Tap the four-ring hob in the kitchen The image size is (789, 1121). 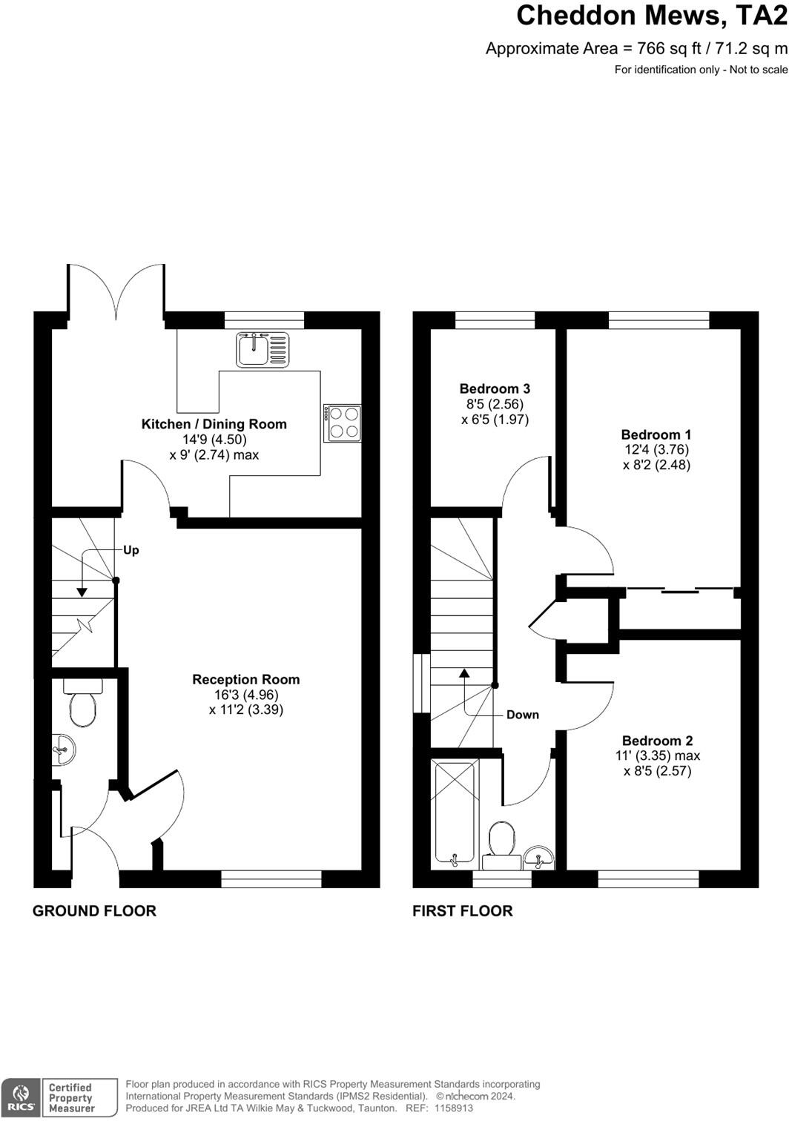tap(343, 423)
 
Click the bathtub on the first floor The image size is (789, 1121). tap(454, 813)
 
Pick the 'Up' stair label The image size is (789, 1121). tap(131, 550)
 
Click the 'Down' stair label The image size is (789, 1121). tap(523, 715)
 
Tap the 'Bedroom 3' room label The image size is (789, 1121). tap(495, 388)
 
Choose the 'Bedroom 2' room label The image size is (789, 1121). tap(657, 741)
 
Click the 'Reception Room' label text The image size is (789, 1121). tap(246, 679)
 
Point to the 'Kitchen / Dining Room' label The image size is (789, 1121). tap(214, 424)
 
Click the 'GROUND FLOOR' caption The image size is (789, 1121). tap(94, 911)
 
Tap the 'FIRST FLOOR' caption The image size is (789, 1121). tap(463, 911)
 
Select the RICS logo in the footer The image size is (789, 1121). tap(21, 1098)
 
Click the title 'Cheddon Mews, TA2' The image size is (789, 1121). tap(651, 16)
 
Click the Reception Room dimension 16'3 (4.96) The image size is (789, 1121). tap(246, 695)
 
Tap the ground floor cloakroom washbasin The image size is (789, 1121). tap(64, 749)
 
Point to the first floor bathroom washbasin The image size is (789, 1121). tap(538, 858)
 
